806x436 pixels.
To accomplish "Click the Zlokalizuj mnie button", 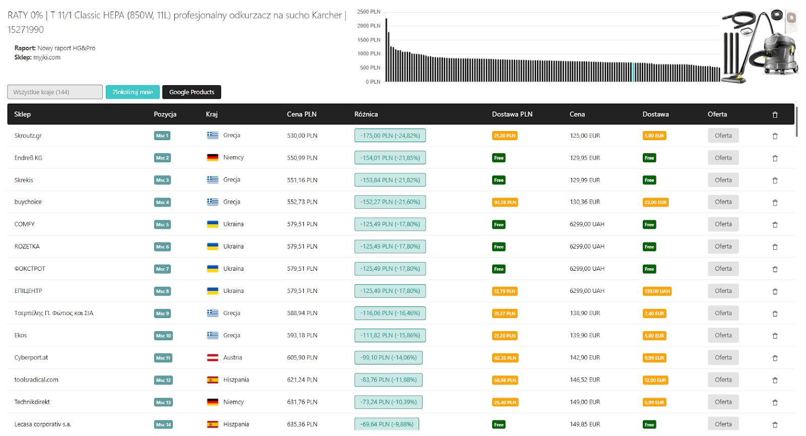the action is click(132, 92).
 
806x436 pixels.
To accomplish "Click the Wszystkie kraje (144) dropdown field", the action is click(55, 92).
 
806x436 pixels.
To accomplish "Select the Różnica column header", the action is click(366, 114).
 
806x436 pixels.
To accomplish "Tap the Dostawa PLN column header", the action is click(512, 114).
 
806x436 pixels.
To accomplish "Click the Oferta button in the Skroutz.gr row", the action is click(723, 136).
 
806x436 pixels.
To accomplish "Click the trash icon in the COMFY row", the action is click(775, 225).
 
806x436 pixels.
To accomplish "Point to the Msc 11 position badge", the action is click(163, 358).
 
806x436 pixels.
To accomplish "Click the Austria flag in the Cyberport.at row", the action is click(212, 357).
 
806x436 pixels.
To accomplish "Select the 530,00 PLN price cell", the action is click(302, 136).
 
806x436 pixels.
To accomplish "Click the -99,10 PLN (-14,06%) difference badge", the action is click(388, 357).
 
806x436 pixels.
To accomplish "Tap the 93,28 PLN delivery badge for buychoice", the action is click(505, 202).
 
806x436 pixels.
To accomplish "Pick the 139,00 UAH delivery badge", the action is click(657, 291).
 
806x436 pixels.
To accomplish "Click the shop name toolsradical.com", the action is click(36, 380).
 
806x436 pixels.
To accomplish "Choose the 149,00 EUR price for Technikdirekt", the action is click(585, 402).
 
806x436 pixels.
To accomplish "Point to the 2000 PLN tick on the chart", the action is click(368, 26).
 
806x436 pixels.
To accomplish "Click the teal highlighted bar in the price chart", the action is click(633, 72).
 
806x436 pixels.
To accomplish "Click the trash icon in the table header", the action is click(775, 114).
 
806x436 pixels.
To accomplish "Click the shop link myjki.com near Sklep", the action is click(47, 57).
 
